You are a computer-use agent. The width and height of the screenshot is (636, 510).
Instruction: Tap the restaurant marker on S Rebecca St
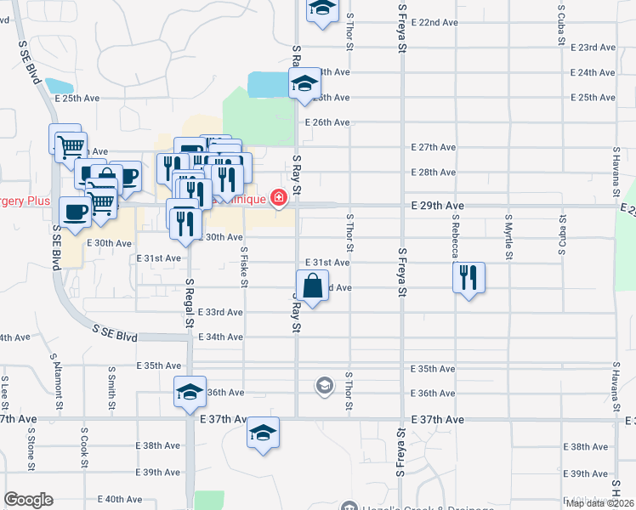[x=468, y=277]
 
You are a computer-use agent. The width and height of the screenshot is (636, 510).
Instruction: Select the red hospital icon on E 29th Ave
[x=278, y=198]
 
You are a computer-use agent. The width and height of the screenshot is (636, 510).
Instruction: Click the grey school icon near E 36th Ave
[x=324, y=387]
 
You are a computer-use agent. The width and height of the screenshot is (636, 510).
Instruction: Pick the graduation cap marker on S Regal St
[x=190, y=391]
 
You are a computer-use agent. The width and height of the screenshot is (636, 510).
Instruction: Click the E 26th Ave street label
[x=327, y=122]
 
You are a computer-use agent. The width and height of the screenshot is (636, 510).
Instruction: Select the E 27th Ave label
[x=434, y=147]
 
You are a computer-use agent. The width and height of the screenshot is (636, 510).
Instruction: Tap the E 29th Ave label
[x=437, y=206]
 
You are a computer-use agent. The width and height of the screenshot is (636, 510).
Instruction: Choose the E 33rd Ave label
[x=220, y=312]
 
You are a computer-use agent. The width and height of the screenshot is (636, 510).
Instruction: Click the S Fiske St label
[x=244, y=265]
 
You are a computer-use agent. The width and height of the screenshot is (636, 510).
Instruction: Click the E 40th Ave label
[x=119, y=499]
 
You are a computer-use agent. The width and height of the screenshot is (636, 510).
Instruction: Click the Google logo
[x=28, y=500]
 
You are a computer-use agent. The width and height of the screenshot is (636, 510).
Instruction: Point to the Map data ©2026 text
[x=599, y=503]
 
